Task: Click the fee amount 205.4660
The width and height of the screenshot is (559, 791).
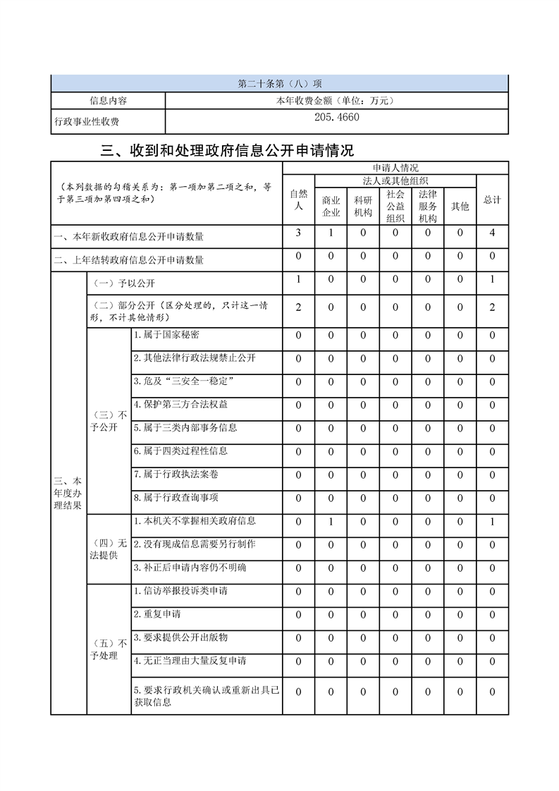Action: pyautogui.click(x=336, y=118)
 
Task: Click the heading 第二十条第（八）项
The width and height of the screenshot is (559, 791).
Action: pyautogui.click(x=280, y=84)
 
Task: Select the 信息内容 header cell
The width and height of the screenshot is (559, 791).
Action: pyautogui.click(x=108, y=101)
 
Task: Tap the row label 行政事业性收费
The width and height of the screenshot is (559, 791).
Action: pyautogui.click(x=87, y=122)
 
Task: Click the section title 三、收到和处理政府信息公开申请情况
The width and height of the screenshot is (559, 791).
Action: pyautogui.click(x=228, y=150)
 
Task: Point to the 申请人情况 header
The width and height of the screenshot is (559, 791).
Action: pyautogui.click(x=395, y=168)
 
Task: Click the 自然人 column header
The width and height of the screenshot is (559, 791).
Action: pyautogui.click(x=299, y=200)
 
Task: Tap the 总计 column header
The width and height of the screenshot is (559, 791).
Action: pyautogui.click(x=492, y=200)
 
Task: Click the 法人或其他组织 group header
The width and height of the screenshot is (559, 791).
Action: pyautogui.click(x=395, y=181)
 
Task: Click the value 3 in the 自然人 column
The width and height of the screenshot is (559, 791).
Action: pyautogui.click(x=299, y=233)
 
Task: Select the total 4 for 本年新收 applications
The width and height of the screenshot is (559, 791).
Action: pyautogui.click(x=492, y=233)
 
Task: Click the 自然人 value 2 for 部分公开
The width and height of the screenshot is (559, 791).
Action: pyautogui.click(x=299, y=307)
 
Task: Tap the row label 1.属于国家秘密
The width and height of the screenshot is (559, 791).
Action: pyautogui.click(x=166, y=335)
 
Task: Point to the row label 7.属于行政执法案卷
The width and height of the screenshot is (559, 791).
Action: pyautogui.click(x=171, y=474)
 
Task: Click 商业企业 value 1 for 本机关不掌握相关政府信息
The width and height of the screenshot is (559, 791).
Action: pyautogui.click(x=331, y=522)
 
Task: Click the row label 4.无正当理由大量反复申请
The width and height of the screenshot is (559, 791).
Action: pyautogui.click(x=190, y=661)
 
